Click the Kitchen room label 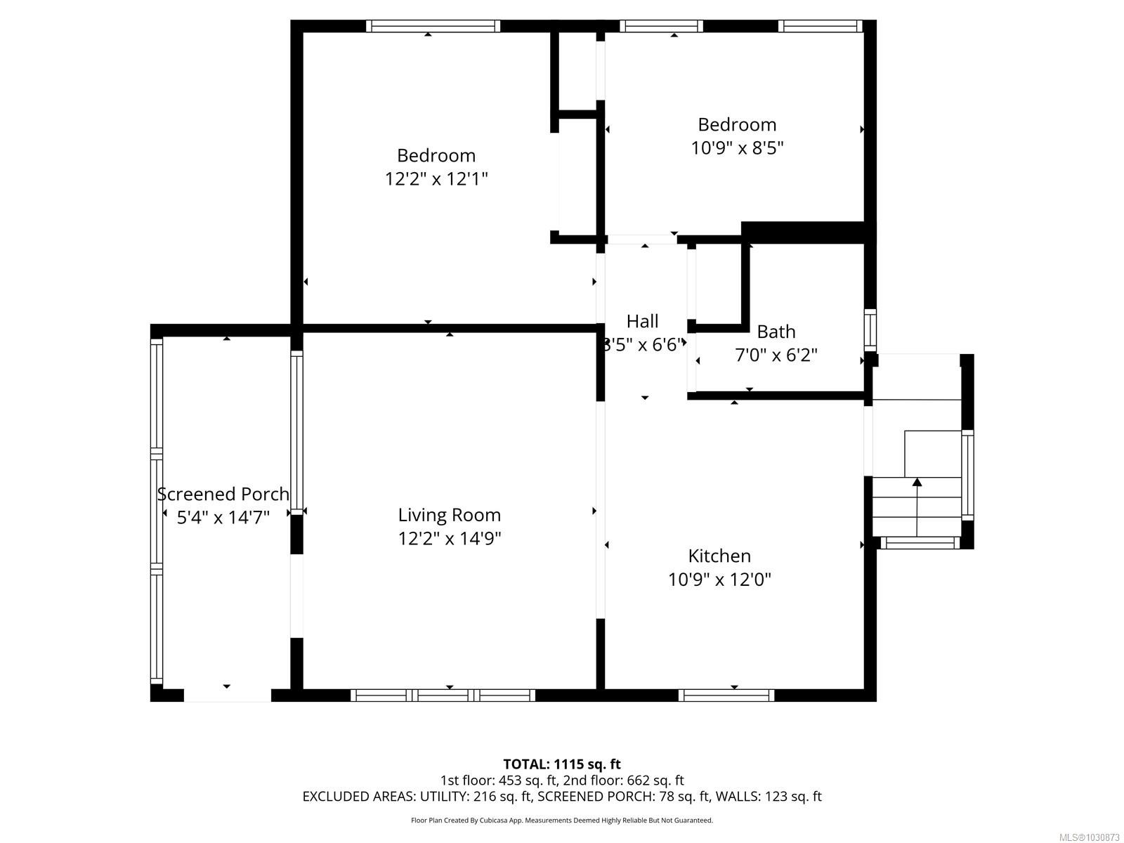tap(719, 556)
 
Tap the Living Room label tap(450, 515)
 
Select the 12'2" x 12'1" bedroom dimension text tap(436, 178)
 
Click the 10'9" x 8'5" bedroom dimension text tap(737, 148)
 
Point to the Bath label tap(776, 332)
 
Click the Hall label tap(642, 321)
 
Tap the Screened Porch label tap(223, 494)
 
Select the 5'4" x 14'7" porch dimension tap(223, 518)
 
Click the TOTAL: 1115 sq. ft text tap(562, 764)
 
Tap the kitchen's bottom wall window tap(726, 695)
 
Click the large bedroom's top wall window tap(433, 26)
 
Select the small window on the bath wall tap(870, 330)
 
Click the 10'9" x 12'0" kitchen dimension tap(719, 580)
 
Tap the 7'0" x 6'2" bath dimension tap(776, 355)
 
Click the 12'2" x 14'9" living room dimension tap(450, 539)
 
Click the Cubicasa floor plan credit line tap(562, 820)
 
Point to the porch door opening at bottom tap(227, 695)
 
